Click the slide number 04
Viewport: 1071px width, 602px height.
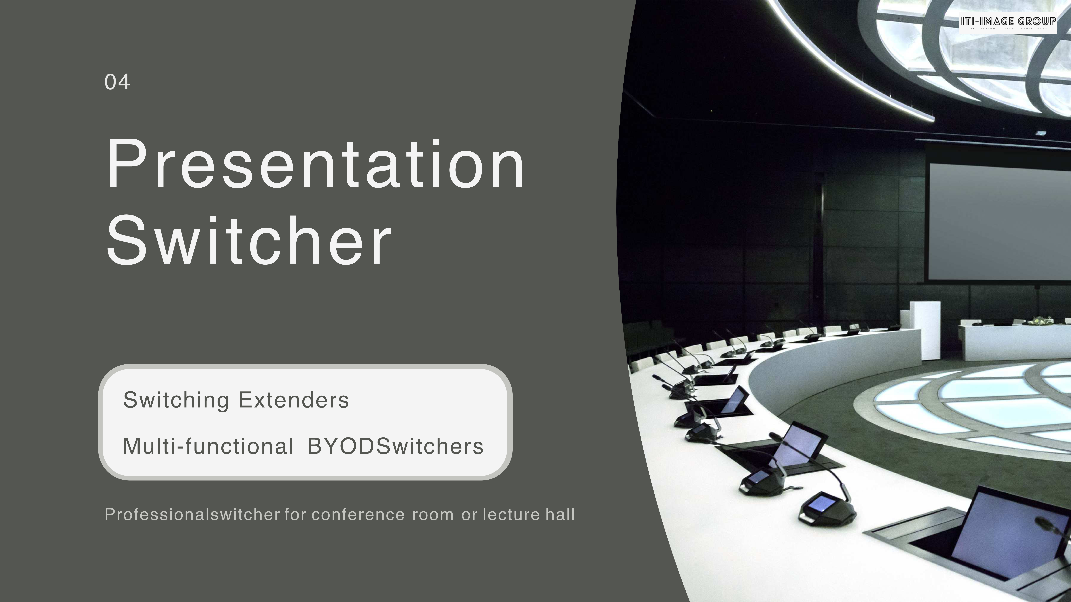coord(117,82)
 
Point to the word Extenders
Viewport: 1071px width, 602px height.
coord(294,400)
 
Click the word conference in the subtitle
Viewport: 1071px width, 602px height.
coord(358,515)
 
